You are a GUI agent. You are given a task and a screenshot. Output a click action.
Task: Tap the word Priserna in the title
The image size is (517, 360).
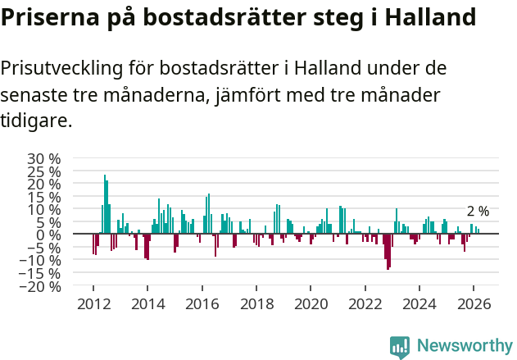(x=48, y=17)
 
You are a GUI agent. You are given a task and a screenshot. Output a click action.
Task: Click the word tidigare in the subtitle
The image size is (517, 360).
(x=36, y=121)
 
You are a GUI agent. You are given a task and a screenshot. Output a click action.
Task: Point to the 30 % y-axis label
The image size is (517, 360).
(x=44, y=158)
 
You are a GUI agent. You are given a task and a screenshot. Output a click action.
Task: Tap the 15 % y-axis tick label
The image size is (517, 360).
(x=44, y=197)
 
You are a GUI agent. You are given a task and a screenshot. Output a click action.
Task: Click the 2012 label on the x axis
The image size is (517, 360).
(x=93, y=303)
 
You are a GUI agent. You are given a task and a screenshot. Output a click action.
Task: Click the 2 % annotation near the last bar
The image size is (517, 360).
(x=478, y=212)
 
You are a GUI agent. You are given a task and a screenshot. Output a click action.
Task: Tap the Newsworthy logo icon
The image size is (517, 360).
(x=400, y=347)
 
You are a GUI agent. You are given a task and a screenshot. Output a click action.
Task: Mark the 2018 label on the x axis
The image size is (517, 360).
(x=256, y=303)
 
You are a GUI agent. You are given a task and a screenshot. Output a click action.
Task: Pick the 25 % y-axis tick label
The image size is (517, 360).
(x=44, y=171)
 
